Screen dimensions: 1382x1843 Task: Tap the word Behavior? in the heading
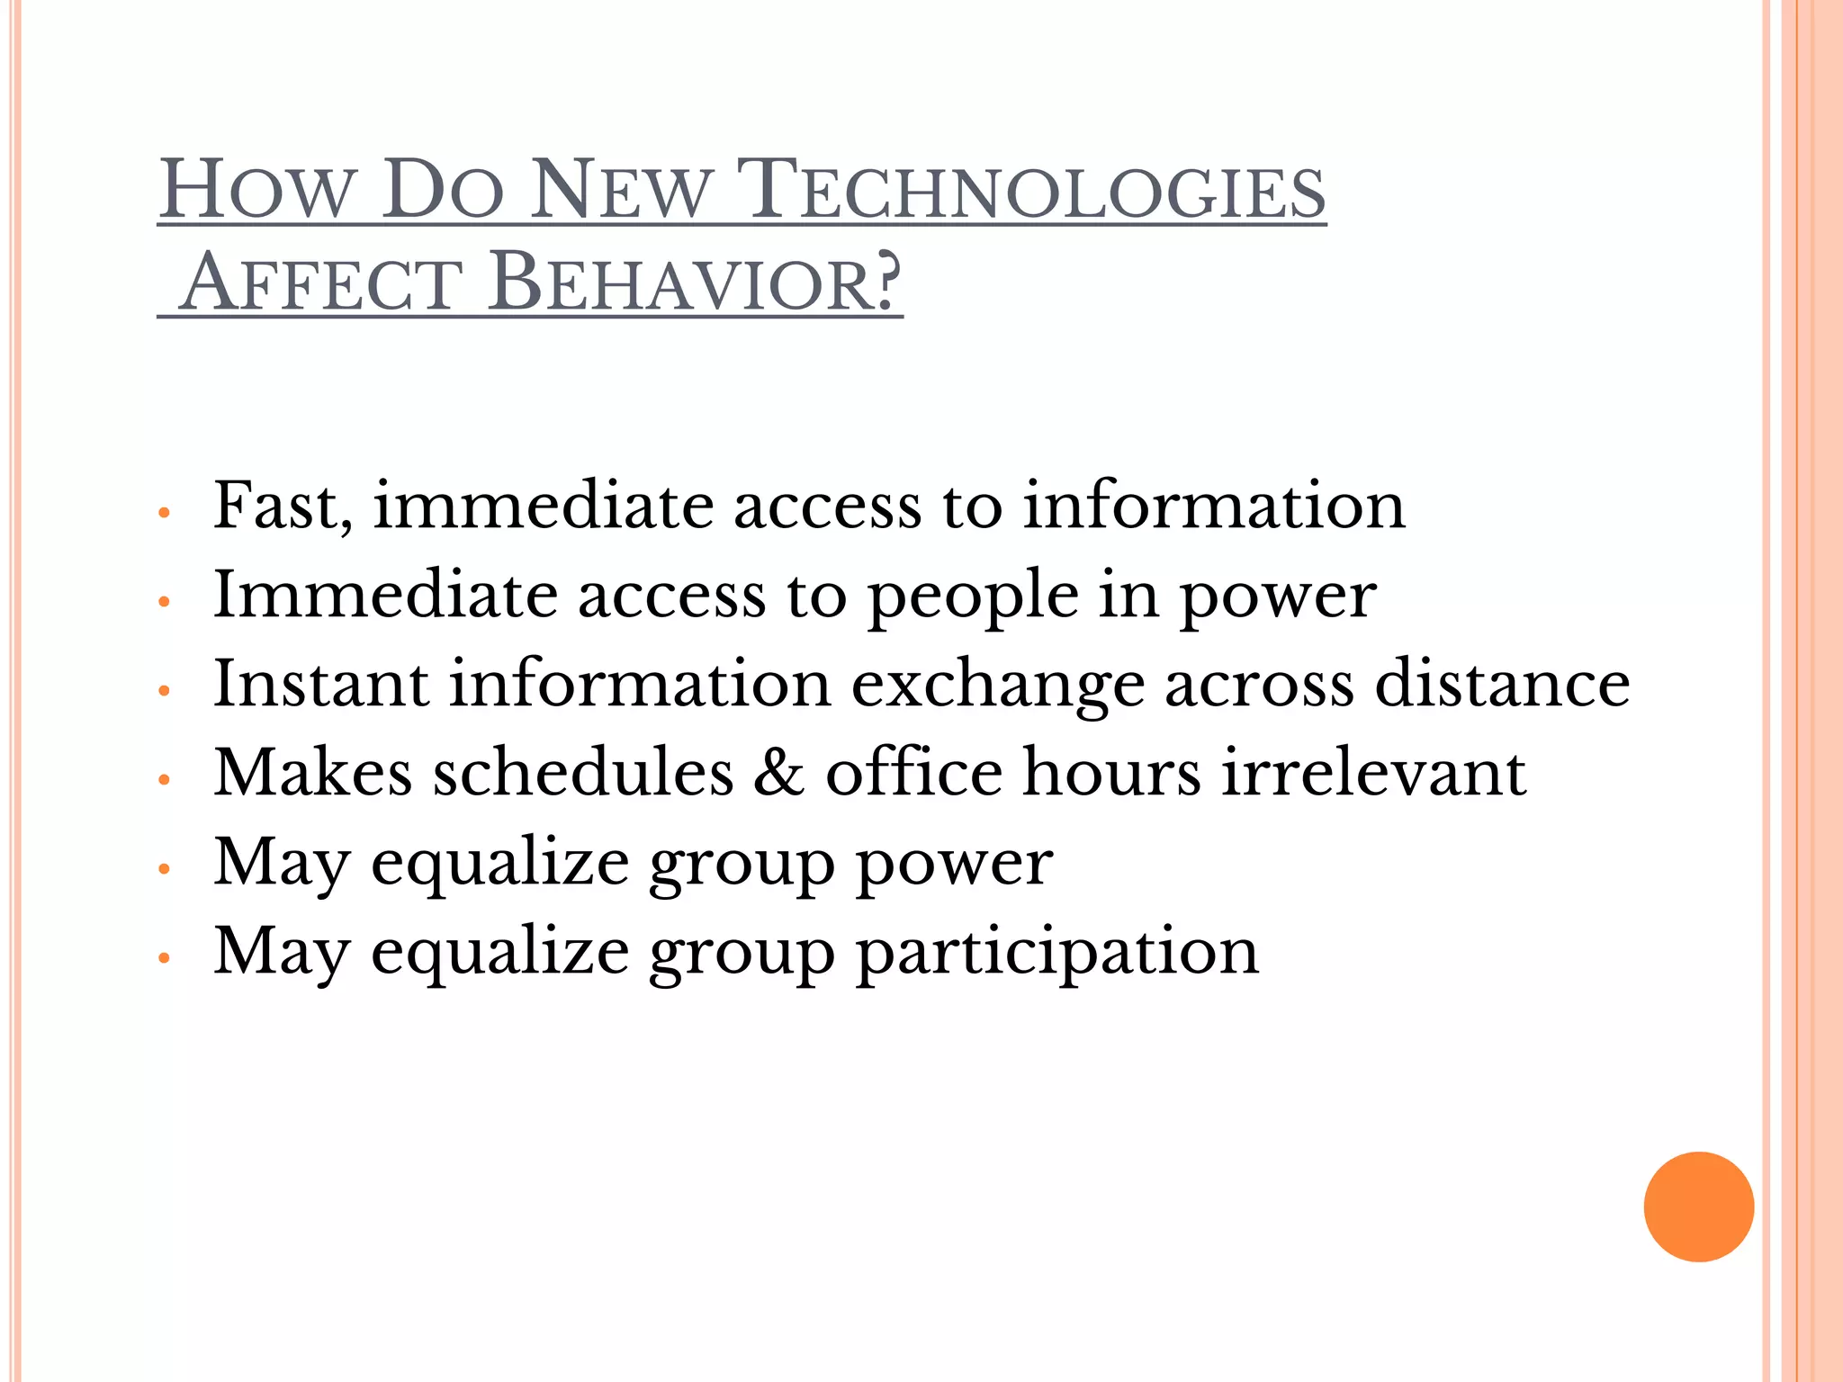coord(694,283)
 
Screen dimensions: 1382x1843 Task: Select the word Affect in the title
coord(321,283)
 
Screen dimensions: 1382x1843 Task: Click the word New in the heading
coord(620,191)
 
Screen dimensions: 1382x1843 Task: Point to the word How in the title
coord(255,191)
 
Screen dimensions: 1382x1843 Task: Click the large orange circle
coord(1698,1207)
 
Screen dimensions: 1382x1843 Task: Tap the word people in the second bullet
coord(973,597)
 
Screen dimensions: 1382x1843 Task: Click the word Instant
coord(320,684)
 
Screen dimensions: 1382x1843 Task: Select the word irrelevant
coord(1373,773)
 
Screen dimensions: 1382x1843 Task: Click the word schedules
coord(583,773)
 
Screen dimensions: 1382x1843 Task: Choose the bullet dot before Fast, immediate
coord(164,513)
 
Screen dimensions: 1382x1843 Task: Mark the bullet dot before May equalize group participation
coord(164,959)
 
